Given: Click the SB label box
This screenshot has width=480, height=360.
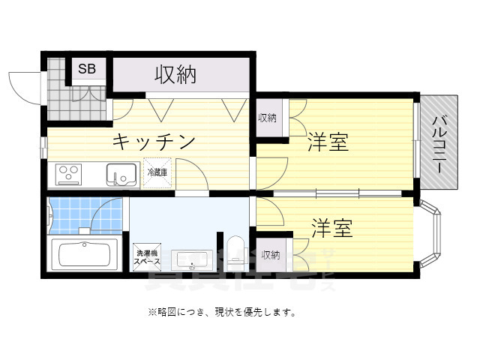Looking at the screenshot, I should pyautogui.click(x=87, y=69).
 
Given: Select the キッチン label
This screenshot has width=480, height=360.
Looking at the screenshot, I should pyautogui.click(x=154, y=141).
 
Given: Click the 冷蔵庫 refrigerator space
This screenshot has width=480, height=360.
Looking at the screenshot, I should pyautogui.click(x=157, y=172).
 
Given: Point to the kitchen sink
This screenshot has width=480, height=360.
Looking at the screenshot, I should pyautogui.click(x=121, y=175).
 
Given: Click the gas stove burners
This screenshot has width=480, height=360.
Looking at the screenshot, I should pyautogui.click(x=68, y=175).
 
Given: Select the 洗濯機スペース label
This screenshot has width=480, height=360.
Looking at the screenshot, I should pyautogui.click(x=146, y=257).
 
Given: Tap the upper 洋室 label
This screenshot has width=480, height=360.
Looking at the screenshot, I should pyautogui.click(x=328, y=142).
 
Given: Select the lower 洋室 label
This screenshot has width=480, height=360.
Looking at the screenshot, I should pyautogui.click(x=333, y=227).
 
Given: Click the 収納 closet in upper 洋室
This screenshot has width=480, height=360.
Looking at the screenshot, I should pyautogui.click(x=268, y=118).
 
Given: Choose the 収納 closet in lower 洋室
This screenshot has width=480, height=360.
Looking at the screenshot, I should pyautogui.click(x=271, y=256).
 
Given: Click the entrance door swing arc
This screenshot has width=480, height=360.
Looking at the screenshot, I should pyautogui.click(x=22, y=86).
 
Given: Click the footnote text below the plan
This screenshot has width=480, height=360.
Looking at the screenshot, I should pyautogui.click(x=221, y=312).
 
